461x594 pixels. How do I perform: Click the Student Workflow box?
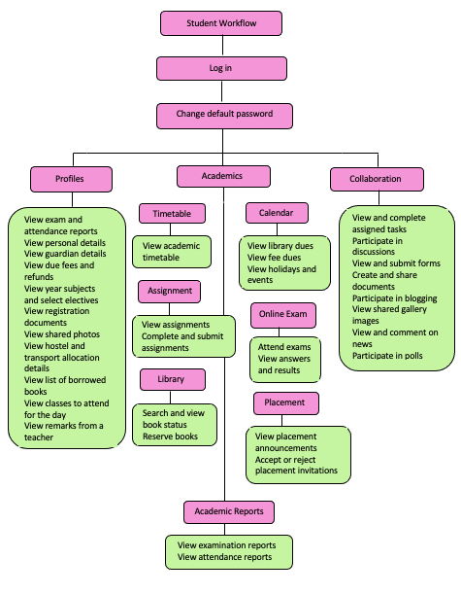pos(221,23)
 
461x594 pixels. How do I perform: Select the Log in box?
pos(221,69)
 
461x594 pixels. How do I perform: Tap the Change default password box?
pos(224,116)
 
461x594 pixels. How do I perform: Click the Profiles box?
pos(71,179)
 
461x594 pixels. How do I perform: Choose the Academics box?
pos(223,176)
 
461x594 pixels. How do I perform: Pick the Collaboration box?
pos(377,179)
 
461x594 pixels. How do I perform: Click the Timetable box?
pos(172,214)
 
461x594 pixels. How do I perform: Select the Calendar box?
pos(277,213)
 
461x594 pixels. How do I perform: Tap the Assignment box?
pos(170,292)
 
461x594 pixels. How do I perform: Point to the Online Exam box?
pos(283,315)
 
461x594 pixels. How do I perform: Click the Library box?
pos(173,379)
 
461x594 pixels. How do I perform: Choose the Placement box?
pos(286,403)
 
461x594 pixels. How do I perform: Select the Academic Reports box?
pos(229,512)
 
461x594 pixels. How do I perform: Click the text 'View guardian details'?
pos(65,254)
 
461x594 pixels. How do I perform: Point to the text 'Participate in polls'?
pos(387,356)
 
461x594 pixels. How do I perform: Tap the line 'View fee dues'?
pos(275,258)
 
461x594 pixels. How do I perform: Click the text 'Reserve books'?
pos(170,437)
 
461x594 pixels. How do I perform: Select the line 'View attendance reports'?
pos(224,557)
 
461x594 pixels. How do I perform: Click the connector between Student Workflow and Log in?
pos(222,47)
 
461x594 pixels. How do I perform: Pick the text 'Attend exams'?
pos(284,347)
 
